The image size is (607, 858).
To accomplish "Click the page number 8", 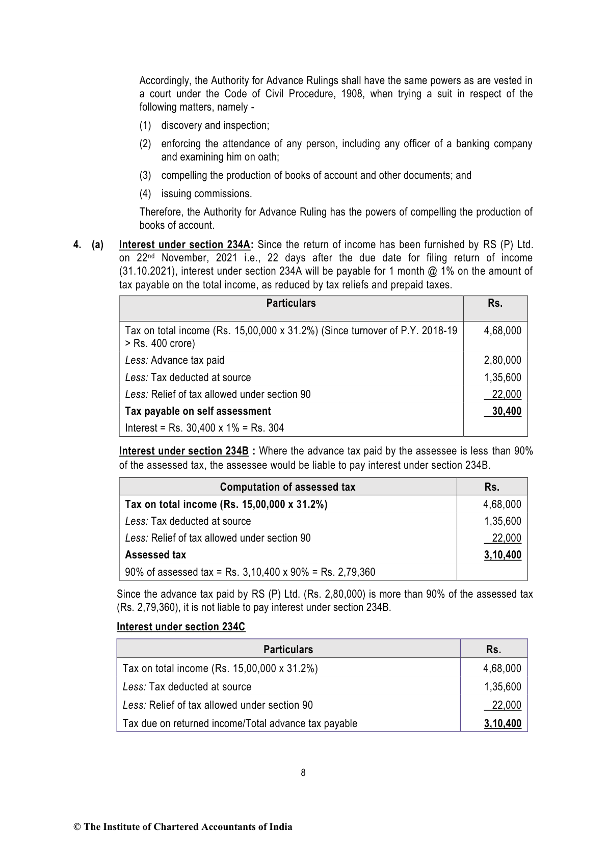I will tap(303, 773).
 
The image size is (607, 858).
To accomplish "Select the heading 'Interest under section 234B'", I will tap(184, 451).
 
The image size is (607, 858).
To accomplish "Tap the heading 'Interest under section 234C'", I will tap(181, 627).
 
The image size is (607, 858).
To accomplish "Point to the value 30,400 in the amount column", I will tap(506, 411).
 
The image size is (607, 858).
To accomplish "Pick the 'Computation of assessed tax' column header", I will tap(287, 487).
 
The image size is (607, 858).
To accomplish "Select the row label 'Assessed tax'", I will tap(155, 555).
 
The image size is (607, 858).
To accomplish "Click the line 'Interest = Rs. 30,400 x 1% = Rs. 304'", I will tap(204, 428).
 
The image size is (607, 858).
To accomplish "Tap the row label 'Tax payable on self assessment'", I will tap(198, 411).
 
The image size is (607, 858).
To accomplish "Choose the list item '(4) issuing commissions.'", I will tap(196, 194).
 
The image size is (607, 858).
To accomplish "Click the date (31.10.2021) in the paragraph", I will tap(145, 271).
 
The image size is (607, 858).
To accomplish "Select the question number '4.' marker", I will tap(77, 245).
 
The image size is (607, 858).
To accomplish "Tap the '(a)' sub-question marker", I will tap(97, 245).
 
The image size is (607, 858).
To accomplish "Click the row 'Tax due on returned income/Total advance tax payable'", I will tap(240, 723).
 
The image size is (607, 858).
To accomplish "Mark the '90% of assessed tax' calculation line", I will tap(250, 572).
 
